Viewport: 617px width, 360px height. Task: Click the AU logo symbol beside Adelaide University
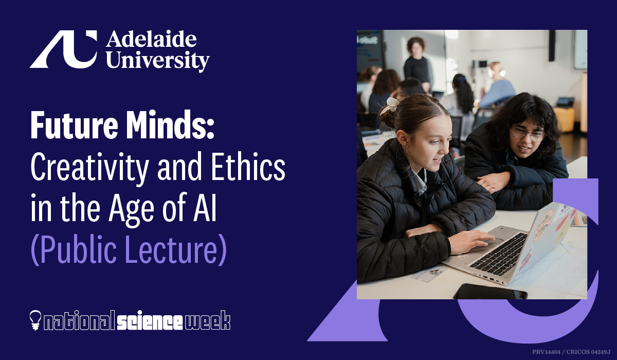click(64, 49)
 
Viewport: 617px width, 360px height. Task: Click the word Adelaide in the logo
click(152, 40)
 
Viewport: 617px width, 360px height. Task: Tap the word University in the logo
click(158, 61)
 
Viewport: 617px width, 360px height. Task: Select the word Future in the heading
click(75, 125)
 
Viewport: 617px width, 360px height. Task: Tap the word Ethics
click(248, 166)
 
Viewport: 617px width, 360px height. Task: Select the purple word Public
click(74, 250)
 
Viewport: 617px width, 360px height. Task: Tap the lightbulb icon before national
click(35, 320)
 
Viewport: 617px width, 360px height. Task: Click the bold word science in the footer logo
click(150, 321)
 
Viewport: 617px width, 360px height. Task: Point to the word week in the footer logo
click(207, 320)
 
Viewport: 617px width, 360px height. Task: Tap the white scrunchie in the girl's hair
click(390, 105)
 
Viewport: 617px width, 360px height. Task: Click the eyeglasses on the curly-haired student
click(527, 134)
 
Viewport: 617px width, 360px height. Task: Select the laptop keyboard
click(498, 253)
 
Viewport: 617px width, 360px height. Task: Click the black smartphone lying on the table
click(491, 292)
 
